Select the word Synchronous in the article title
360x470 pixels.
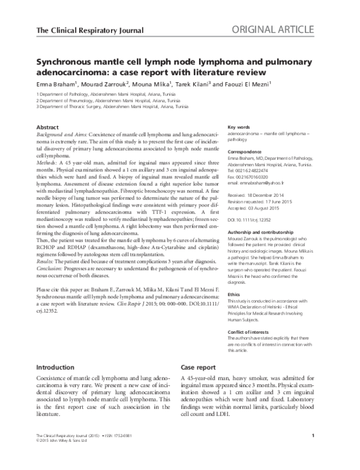coord(69,62)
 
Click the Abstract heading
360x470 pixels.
coord(48,128)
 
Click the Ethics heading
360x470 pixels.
coord(236,295)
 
